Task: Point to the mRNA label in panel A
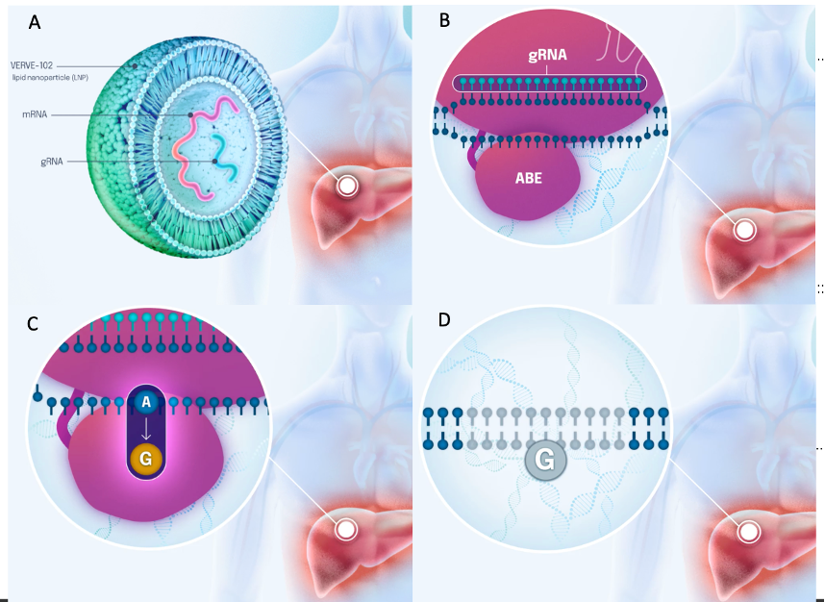(35, 114)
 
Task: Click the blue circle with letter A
(146, 403)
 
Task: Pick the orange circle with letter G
(146, 459)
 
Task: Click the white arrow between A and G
(146, 431)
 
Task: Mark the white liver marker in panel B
(743, 230)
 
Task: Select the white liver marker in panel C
(344, 529)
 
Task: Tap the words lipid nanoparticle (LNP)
(50, 77)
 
